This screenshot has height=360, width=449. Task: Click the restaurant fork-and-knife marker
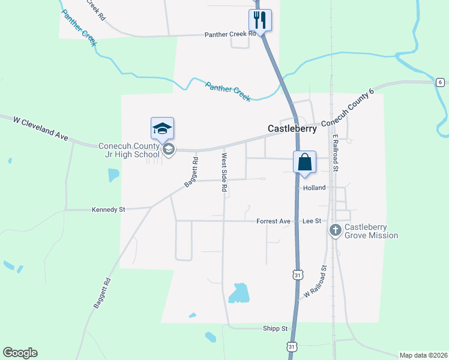coord(260,20)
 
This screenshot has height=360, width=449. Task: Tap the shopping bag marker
coord(304,161)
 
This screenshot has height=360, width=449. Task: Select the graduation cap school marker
coord(162,128)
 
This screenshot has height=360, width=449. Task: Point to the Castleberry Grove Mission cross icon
coord(336,230)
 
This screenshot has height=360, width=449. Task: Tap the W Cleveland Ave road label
coord(41,128)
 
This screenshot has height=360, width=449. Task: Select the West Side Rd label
coord(224,173)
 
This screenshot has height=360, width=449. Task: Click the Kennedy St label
coord(108,210)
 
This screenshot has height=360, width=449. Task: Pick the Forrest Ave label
coord(273,221)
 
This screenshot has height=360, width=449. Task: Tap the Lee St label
coord(312,221)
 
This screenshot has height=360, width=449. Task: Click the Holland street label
coord(314,188)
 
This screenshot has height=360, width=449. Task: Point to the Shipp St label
coord(276,329)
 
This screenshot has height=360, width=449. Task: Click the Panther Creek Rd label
coord(231,35)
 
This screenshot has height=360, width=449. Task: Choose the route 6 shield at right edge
coord(440,82)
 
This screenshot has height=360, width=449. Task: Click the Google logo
coord(20,353)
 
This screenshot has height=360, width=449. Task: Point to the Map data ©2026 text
coord(424,355)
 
